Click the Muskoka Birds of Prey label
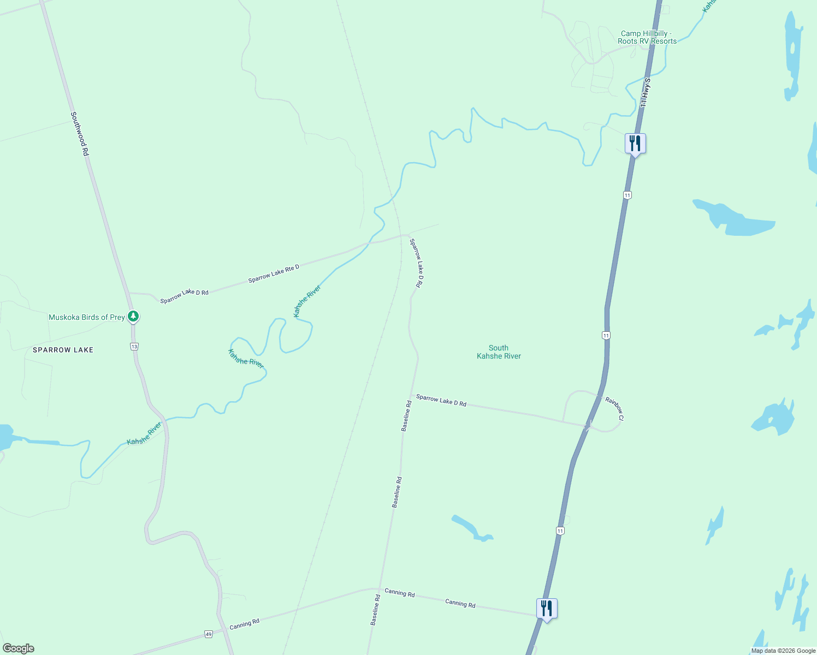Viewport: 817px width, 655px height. coord(87,317)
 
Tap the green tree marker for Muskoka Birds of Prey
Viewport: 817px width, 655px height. coord(133,316)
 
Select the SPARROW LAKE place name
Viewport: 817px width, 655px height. coord(63,350)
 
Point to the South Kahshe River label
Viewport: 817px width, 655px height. coord(499,352)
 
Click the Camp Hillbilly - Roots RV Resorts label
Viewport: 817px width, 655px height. coord(647,37)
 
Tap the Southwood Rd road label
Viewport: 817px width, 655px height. coord(79,134)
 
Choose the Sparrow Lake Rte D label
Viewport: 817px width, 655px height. coord(274,273)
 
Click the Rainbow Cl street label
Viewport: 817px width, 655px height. coord(614,408)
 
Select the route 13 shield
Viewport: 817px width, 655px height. coord(134,346)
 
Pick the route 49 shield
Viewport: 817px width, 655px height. coord(208,634)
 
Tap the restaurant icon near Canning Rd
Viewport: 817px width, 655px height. coord(547,608)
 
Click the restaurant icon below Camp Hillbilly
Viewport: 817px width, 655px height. coord(635,144)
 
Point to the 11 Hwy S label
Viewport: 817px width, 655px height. coord(645,92)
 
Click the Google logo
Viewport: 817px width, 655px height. coord(19,648)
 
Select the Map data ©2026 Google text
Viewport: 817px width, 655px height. coord(783,651)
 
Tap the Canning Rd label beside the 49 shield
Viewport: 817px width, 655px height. coord(244,624)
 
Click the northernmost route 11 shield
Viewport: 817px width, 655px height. coord(627,195)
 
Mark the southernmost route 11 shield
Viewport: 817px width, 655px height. coord(560,531)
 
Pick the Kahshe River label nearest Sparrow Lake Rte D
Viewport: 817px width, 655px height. coord(307,301)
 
